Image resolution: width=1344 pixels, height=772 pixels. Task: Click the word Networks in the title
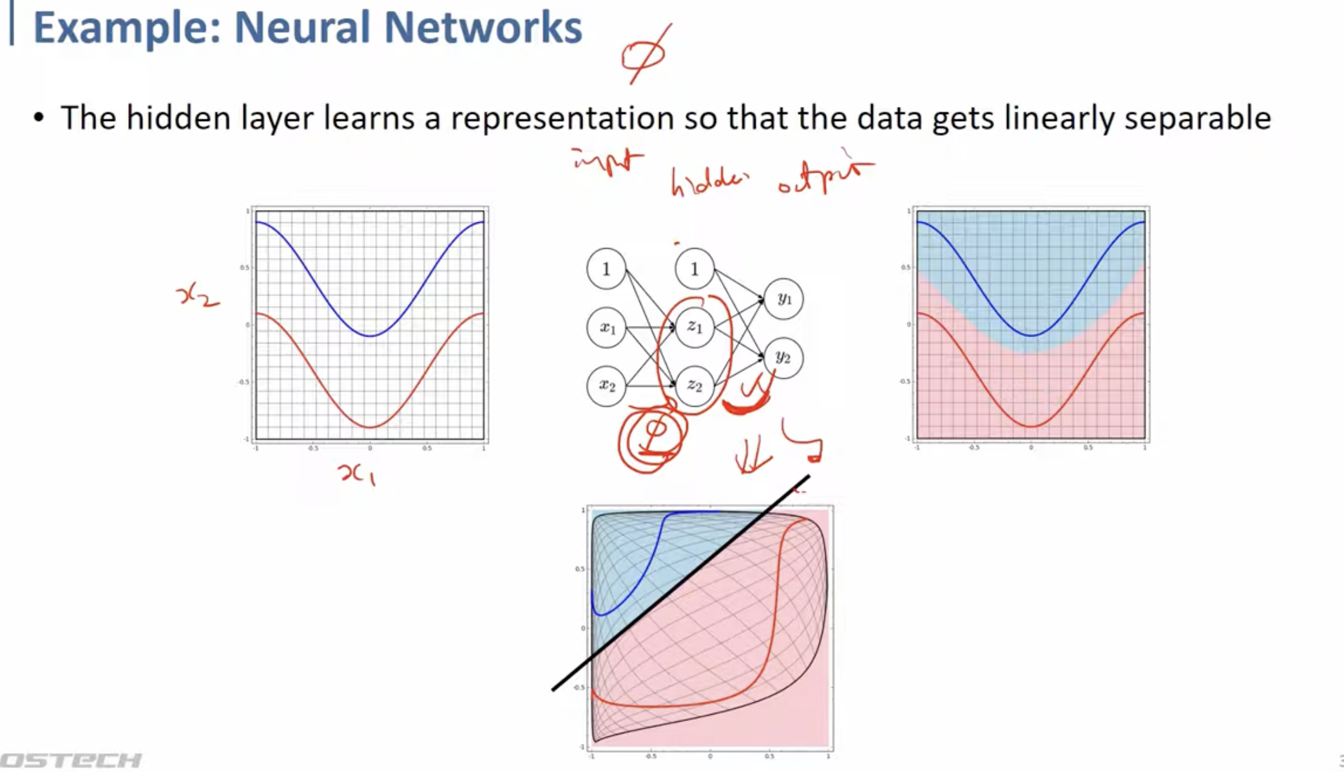(x=483, y=28)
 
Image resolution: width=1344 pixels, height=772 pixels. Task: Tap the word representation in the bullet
(x=562, y=119)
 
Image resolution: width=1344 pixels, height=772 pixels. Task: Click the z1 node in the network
(x=695, y=327)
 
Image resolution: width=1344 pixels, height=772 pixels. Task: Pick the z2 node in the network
(x=695, y=385)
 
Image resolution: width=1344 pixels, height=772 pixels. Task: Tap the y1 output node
(x=783, y=298)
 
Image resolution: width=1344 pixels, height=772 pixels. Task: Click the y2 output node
(x=783, y=357)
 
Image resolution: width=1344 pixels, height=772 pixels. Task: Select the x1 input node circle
(x=606, y=327)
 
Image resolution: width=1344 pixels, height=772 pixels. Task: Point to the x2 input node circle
(x=606, y=385)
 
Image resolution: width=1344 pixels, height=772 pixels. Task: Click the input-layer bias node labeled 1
(x=606, y=269)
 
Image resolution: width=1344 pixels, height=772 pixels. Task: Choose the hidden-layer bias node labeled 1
(x=695, y=269)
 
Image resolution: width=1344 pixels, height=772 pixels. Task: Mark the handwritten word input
(x=608, y=161)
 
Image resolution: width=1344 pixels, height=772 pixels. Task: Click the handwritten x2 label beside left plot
(x=197, y=296)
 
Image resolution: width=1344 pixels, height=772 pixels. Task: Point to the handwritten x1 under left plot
(x=356, y=475)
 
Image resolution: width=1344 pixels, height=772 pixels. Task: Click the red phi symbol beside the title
(x=644, y=55)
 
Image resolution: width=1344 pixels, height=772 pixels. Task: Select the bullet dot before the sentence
(x=39, y=119)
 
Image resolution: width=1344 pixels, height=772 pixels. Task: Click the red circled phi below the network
(x=653, y=439)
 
